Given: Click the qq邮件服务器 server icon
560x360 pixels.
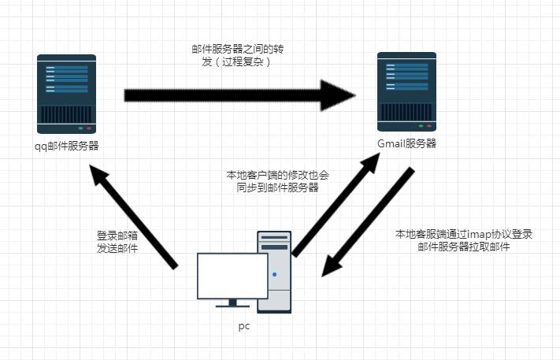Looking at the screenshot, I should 66,94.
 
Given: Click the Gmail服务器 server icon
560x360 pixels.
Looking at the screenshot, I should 406,91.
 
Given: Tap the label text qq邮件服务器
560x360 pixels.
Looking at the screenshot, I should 67,146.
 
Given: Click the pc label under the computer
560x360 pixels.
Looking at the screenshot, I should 243,325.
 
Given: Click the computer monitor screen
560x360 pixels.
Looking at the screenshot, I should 232,276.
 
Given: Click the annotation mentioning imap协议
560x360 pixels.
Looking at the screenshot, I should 464,240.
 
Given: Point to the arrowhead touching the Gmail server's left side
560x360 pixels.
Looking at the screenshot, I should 340,95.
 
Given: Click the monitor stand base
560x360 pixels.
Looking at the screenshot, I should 232,305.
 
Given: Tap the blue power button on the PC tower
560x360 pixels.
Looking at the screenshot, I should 274,274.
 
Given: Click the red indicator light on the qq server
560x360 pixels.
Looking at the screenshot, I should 89,128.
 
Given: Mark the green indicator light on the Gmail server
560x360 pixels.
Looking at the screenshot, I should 421,125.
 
